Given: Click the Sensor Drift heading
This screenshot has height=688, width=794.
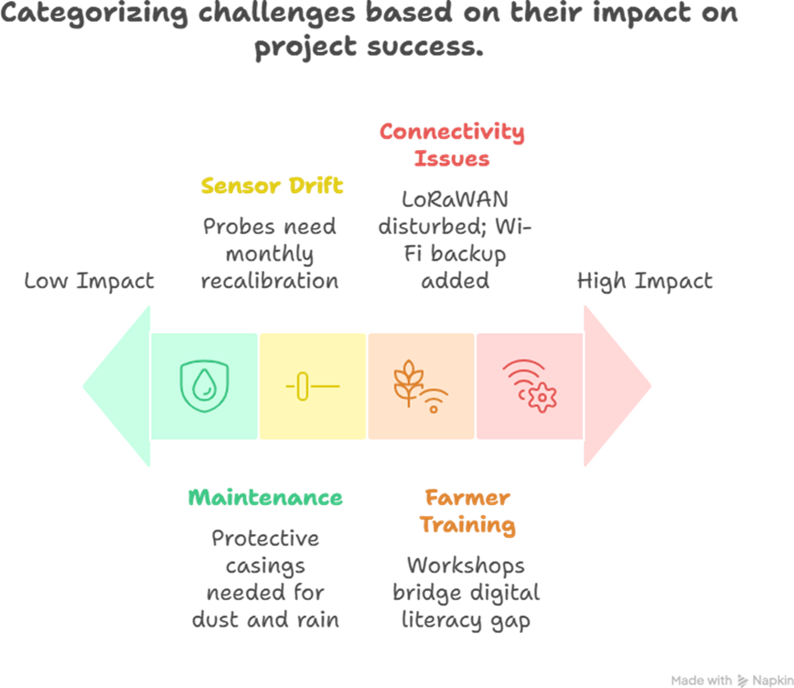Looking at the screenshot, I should pyautogui.click(x=272, y=187).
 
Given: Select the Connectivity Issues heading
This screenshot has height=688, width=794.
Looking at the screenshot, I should pyautogui.click(x=452, y=145).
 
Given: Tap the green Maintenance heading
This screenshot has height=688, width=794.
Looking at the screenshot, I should pyautogui.click(x=265, y=498).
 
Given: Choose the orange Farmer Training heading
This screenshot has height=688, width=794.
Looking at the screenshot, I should pyautogui.click(x=467, y=511).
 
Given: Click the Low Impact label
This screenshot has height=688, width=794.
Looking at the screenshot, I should pyautogui.click(x=89, y=281).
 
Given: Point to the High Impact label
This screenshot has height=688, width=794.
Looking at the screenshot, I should pyautogui.click(x=644, y=281).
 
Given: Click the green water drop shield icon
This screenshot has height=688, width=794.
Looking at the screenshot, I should pyautogui.click(x=205, y=385).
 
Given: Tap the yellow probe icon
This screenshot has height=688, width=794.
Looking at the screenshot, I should pyautogui.click(x=312, y=386).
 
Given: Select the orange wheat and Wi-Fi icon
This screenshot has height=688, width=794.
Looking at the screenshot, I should pyautogui.click(x=420, y=386).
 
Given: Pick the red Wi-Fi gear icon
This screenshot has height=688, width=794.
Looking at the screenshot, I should pyautogui.click(x=529, y=385).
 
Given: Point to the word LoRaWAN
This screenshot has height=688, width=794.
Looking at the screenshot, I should pyautogui.click(x=456, y=199).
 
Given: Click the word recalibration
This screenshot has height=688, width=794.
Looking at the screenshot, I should pyautogui.click(x=270, y=280).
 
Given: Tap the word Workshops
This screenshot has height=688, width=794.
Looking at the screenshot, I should pyautogui.click(x=466, y=564).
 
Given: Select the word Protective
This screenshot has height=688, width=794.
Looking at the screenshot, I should pyautogui.click(x=265, y=538).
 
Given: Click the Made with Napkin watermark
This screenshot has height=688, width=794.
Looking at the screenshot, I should pyautogui.click(x=729, y=680).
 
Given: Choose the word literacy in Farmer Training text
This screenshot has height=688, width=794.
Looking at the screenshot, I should pyautogui.click(x=441, y=619).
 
